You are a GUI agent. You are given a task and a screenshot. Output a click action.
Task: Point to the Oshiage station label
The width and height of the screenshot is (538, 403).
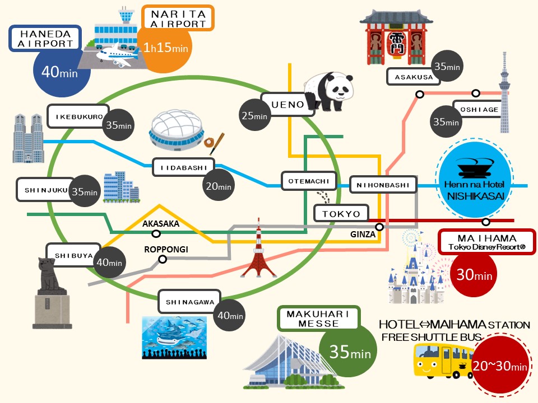pos(476,109)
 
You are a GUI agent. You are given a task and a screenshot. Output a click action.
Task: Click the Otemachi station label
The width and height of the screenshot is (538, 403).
pos(308,181)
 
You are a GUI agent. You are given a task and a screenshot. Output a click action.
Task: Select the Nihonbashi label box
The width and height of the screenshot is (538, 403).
pos(383,184)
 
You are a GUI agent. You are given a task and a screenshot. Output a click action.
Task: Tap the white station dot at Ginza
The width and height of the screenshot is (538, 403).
pos(379,227)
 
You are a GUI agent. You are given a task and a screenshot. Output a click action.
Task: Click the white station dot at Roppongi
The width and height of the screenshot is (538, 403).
pos(163,259)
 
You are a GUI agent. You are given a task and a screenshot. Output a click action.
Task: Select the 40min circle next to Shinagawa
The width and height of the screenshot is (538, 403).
pos(230,316)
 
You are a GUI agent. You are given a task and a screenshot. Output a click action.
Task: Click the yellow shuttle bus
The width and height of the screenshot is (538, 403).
pos(440,360)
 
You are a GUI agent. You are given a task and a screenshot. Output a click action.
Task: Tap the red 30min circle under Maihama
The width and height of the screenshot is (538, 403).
pos(474,275)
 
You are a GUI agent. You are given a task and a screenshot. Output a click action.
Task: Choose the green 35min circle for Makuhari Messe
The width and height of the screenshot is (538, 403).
pos(347,352)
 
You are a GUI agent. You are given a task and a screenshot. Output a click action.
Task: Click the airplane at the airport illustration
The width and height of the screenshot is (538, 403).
pos(117,54)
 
